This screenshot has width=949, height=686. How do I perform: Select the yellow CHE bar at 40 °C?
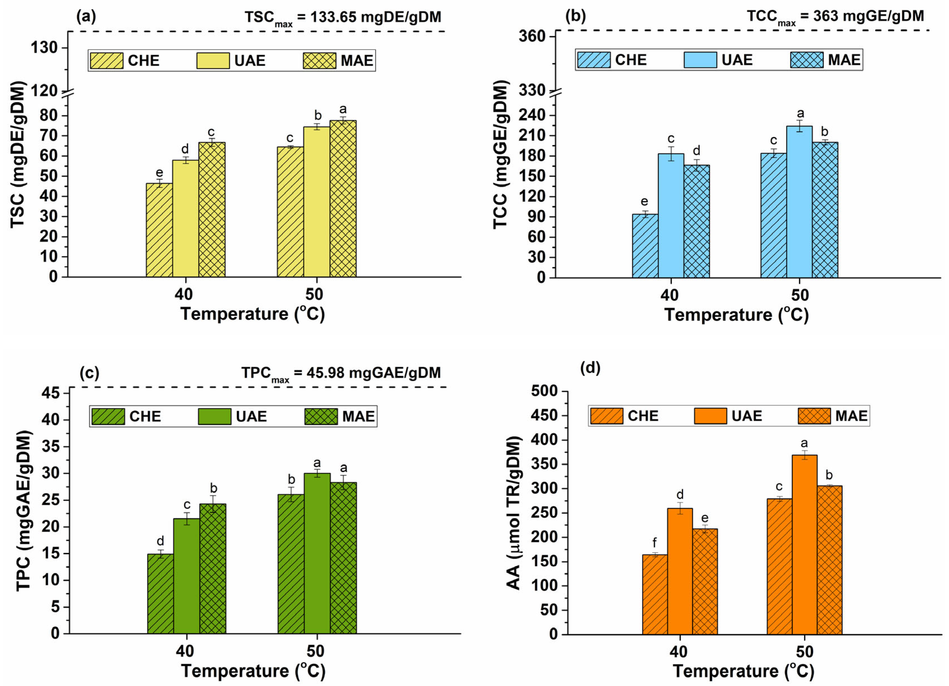pos(159,230)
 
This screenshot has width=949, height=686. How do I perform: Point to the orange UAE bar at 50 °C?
pos(804,544)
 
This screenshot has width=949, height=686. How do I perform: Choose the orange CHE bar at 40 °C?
pos(655,594)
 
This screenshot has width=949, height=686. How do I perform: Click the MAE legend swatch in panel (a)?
pos(319,61)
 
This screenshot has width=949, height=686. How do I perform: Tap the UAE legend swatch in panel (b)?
pos(700,60)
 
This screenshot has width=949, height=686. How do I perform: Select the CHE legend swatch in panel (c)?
pos(108,416)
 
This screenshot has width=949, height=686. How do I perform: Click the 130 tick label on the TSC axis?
pos(44,48)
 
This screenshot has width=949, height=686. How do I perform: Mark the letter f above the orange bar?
pos(655,544)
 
